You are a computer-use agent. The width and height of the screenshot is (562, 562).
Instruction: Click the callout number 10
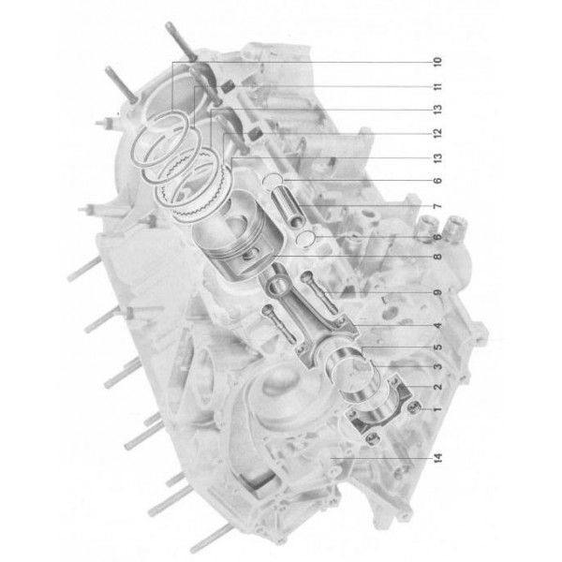pyautogui.click(x=436, y=63)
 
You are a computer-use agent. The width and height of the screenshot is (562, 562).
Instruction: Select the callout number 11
pyautogui.click(x=436, y=88)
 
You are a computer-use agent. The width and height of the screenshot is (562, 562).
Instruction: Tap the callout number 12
pyautogui.click(x=436, y=134)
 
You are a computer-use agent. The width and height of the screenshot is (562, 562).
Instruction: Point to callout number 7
pyautogui.click(x=436, y=206)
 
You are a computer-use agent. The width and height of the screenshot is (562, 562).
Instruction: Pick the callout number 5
pyautogui.click(x=436, y=348)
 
